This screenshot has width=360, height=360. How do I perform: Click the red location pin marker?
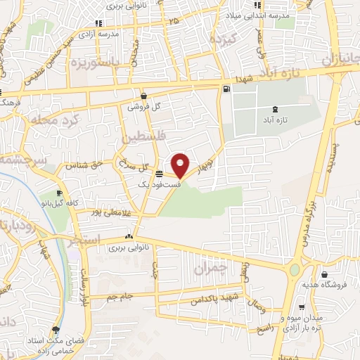click(181, 165)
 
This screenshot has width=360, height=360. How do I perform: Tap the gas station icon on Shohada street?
click(226, 89)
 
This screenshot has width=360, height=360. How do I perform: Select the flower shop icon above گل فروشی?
click(143, 96)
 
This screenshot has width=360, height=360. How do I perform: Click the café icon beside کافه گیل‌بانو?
click(60, 194)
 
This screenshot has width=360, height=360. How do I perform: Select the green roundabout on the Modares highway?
click(295, 270)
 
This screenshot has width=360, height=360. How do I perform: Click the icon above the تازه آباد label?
click(274, 109)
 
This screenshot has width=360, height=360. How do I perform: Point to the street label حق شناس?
click(81, 166)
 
